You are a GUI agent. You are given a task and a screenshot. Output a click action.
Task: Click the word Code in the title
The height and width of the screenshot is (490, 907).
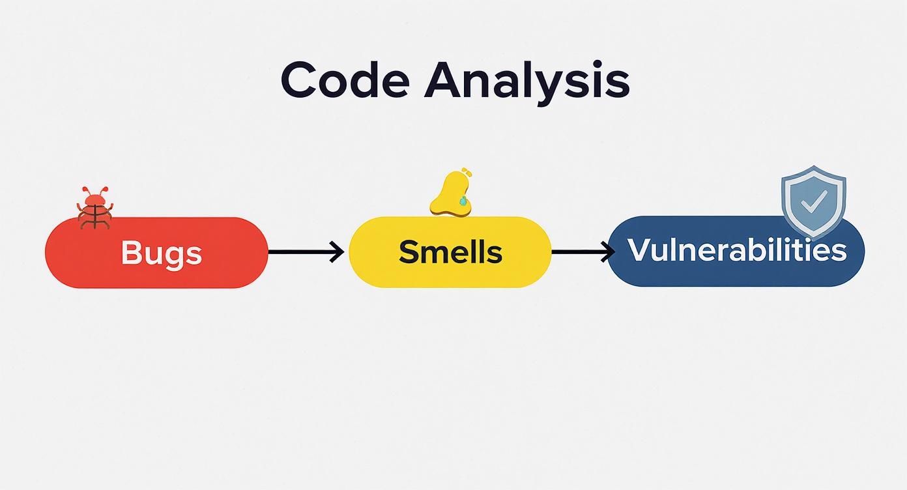[345, 80]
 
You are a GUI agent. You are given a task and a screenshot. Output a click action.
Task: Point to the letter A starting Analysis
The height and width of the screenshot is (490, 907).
[444, 79]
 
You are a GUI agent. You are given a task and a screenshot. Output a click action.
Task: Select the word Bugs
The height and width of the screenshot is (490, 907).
[161, 252]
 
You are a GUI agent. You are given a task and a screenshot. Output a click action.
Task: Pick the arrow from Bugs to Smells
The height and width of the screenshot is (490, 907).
[305, 252]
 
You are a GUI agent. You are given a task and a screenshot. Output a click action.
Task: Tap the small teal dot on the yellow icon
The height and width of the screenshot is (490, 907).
[463, 201]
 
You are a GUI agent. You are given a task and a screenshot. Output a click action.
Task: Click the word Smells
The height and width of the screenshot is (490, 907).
[450, 252]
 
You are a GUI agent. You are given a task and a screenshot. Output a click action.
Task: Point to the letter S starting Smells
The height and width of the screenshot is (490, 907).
[408, 252]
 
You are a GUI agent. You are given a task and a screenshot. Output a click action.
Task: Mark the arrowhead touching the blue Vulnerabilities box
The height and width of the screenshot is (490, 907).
[609, 251]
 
